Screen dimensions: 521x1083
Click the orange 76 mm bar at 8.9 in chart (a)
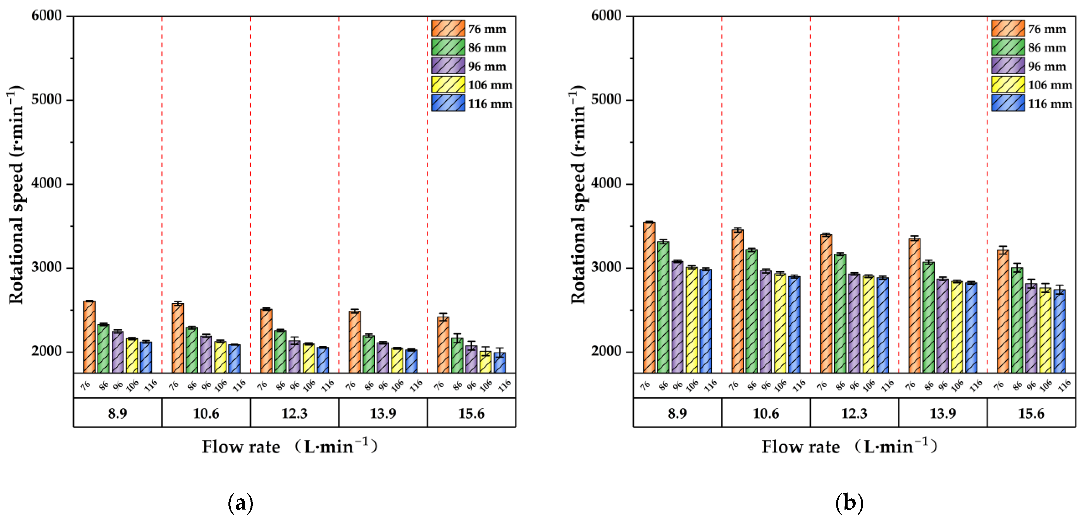click(x=89, y=336)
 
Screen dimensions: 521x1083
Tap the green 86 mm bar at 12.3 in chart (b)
click(x=840, y=313)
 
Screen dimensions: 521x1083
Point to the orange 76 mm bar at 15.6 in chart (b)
click(x=1003, y=311)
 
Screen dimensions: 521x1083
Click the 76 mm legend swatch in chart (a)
click(x=448, y=28)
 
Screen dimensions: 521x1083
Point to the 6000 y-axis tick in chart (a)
click(x=46, y=16)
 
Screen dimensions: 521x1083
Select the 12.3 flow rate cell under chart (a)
click(x=294, y=413)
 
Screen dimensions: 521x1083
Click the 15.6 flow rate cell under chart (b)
click(x=1031, y=413)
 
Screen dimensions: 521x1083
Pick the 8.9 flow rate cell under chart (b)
click(x=677, y=413)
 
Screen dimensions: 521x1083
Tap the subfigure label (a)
click(x=240, y=503)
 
